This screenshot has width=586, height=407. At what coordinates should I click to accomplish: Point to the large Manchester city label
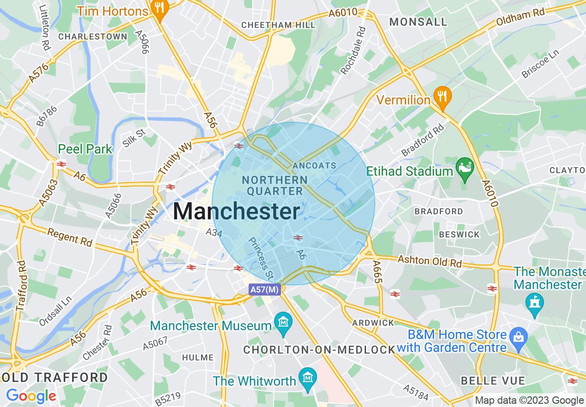[x=237, y=212]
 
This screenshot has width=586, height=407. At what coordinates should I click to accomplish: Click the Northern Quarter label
[x=275, y=185]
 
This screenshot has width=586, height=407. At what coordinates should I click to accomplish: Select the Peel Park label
[x=85, y=149]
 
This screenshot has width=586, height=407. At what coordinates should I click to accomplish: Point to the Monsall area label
[x=418, y=22]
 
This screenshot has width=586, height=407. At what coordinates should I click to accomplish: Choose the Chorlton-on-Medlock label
[x=319, y=350]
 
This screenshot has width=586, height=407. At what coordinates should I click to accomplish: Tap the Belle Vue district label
[x=493, y=381]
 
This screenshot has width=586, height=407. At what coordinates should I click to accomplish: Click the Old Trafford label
[x=54, y=377]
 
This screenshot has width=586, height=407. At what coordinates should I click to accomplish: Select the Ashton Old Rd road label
[x=430, y=261]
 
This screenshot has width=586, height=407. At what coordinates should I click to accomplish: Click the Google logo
[x=31, y=396]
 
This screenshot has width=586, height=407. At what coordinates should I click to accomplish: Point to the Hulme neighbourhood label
[x=198, y=358]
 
